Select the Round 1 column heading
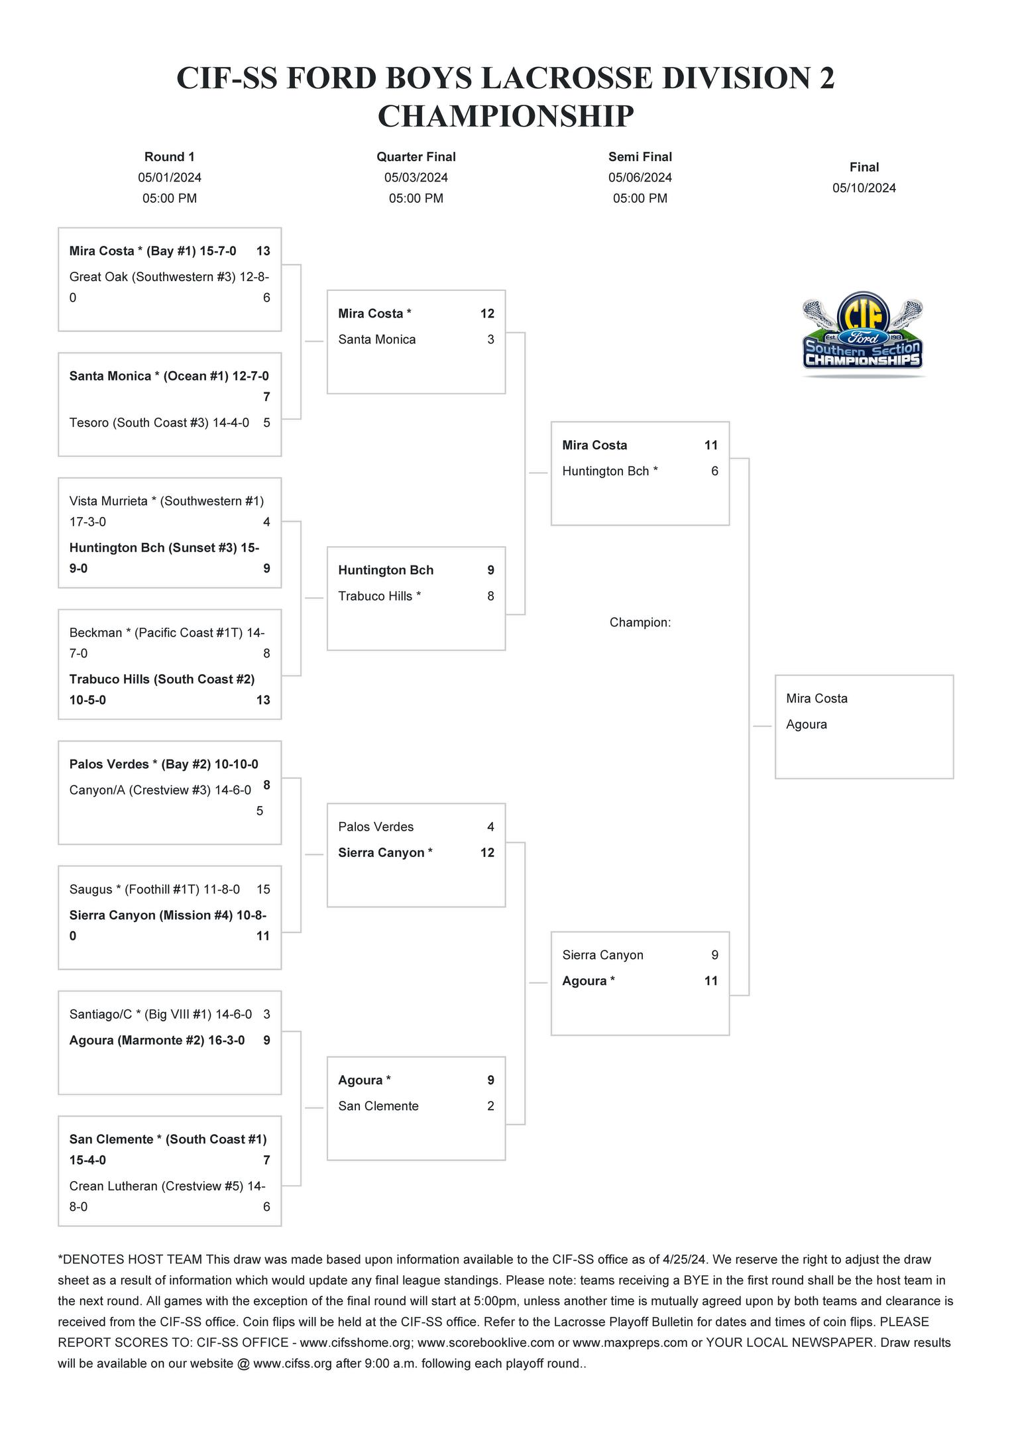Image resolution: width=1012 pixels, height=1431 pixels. click(x=170, y=157)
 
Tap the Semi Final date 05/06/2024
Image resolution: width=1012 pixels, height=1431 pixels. click(x=640, y=178)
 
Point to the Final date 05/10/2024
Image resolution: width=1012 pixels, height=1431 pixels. click(x=864, y=188)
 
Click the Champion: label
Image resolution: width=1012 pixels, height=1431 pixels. click(x=640, y=622)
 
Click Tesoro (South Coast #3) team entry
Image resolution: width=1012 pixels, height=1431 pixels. click(x=159, y=423)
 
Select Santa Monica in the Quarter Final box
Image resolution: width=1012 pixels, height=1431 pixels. click(x=377, y=339)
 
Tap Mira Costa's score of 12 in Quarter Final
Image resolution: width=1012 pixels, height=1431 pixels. click(x=487, y=314)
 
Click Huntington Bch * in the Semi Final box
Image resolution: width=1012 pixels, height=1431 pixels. click(x=610, y=471)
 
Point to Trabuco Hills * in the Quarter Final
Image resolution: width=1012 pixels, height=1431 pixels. click(x=379, y=596)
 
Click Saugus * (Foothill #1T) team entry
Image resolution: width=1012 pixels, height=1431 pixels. click(x=154, y=889)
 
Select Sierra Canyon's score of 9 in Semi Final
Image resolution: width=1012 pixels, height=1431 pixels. click(x=714, y=955)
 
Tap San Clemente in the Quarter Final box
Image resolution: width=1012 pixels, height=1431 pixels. click(x=378, y=1106)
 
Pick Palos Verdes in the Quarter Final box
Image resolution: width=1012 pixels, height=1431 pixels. click(x=376, y=827)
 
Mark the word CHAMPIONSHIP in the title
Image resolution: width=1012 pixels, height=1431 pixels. click(x=506, y=117)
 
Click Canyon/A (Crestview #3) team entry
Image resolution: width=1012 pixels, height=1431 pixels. click(x=160, y=790)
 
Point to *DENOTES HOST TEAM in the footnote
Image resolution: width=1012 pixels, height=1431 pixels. click(x=130, y=1259)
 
